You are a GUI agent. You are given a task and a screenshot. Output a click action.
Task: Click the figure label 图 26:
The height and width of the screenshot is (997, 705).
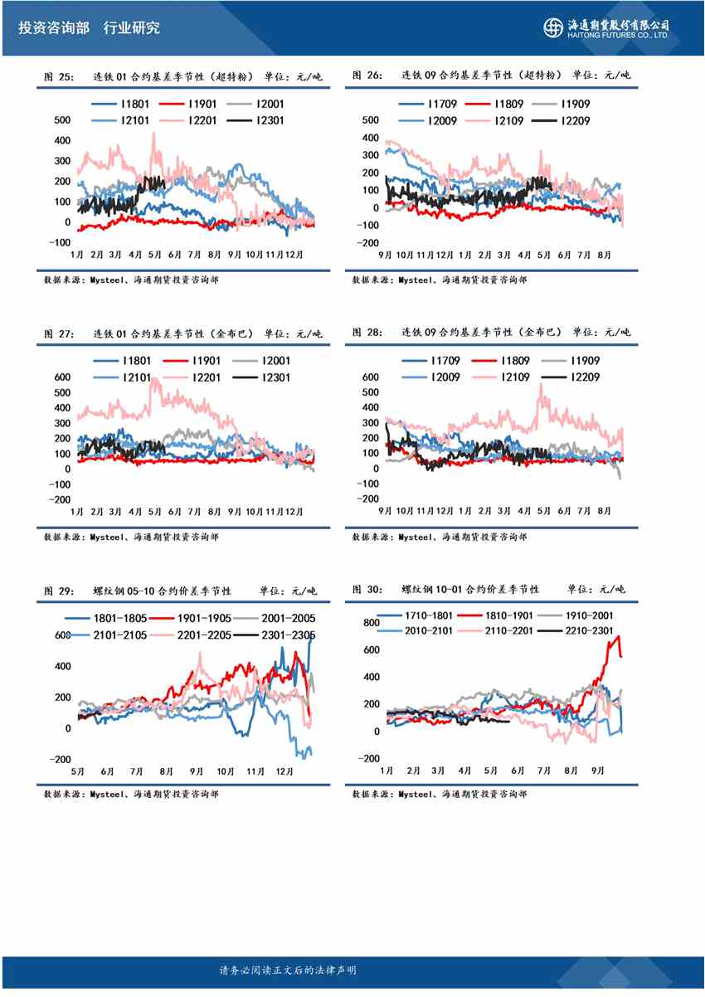pyautogui.click(x=367, y=75)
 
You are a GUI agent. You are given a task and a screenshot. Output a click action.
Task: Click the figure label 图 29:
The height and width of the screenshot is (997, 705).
pyautogui.click(x=59, y=591)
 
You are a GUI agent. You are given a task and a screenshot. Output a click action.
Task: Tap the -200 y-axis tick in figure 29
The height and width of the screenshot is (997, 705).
pyautogui.click(x=60, y=760)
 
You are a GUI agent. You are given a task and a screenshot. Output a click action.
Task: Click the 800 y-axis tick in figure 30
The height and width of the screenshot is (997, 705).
pyautogui.click(x=371, y=622)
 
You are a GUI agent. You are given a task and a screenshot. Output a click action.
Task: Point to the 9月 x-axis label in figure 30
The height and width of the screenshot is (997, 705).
pyautogui.click(x=598, y=771)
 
